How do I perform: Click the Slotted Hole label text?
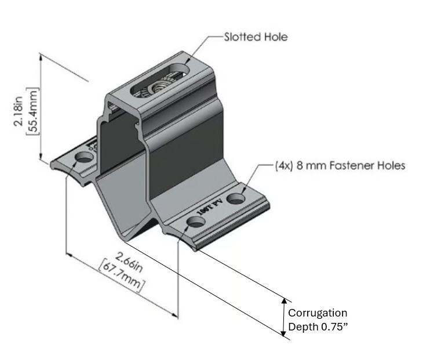256,37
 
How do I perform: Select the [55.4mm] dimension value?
32,111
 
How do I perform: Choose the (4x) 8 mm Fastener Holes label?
340,166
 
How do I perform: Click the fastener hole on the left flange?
84,158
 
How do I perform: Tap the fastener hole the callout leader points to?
236,199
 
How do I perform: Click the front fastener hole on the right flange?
194,223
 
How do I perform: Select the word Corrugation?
318,313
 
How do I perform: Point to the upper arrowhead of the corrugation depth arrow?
284,301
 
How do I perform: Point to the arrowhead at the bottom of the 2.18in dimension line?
41,158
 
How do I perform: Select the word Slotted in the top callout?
243,37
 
